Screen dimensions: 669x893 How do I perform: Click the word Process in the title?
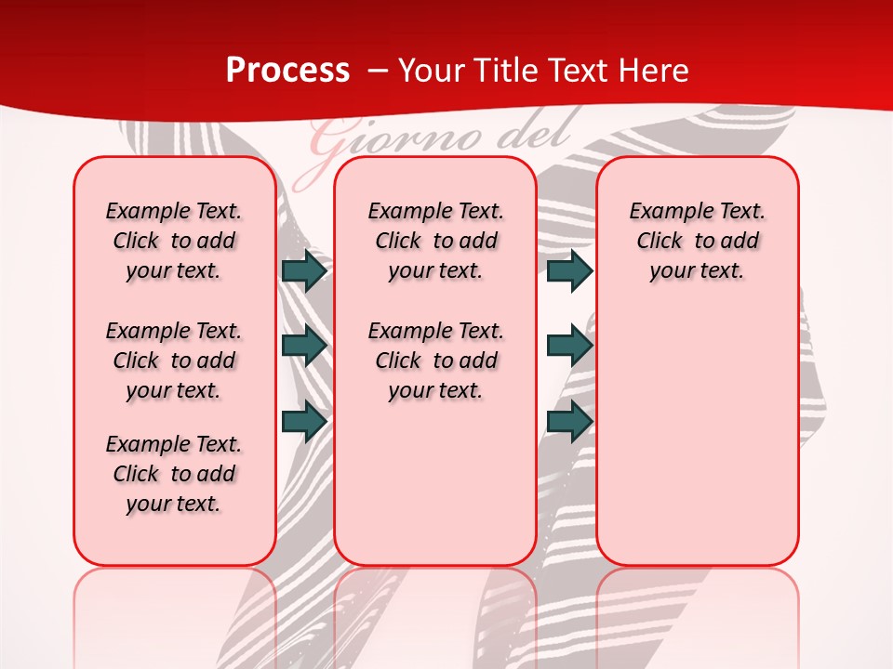click(287, 71)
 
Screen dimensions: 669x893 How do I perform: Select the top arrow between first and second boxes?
click(304, 270)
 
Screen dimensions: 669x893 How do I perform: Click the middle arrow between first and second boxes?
click(304, 346)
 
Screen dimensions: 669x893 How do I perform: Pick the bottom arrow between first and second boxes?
click(304, 421)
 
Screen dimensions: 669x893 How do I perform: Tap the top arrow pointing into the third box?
click(569, 270)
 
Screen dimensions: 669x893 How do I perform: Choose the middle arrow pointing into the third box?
click(569, 346)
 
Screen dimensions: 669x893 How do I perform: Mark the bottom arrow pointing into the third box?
click(569, 421)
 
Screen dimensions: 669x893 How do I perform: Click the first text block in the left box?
click(174, 241)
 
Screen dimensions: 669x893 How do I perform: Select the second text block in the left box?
click(174, 361)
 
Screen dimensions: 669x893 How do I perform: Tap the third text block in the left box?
click(174, 474)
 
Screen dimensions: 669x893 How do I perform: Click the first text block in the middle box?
click(435, 241)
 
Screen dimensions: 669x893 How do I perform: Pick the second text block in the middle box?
click(435, 361)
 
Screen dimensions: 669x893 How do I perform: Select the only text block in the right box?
click(698, 241)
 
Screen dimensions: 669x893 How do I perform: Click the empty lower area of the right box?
click(698, 437)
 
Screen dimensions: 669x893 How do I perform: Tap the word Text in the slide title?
click(573, 71)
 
